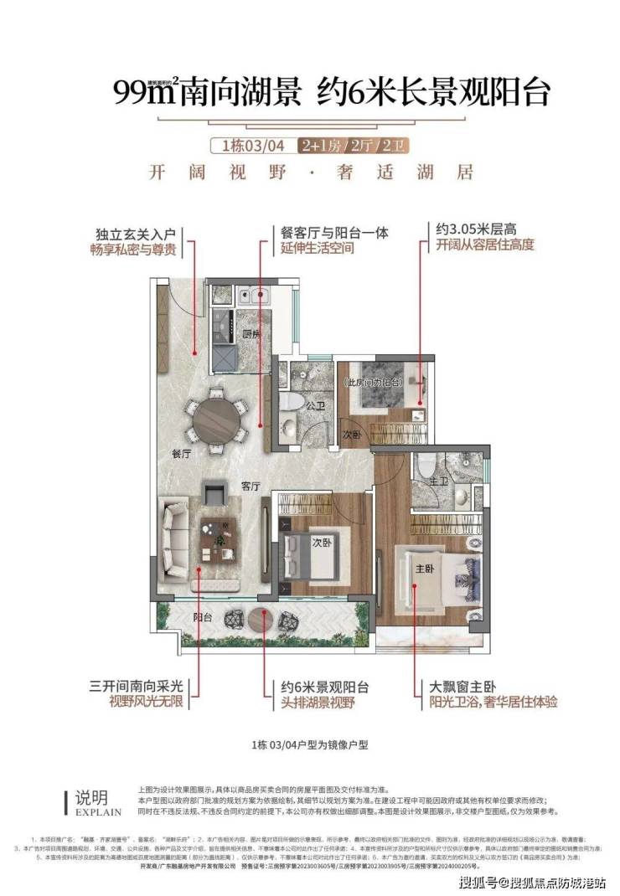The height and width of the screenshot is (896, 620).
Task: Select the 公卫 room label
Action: pyautogui.click(x=315, y=407)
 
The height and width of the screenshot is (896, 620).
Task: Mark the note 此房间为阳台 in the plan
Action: pyautogui.click(x=374, y=382)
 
